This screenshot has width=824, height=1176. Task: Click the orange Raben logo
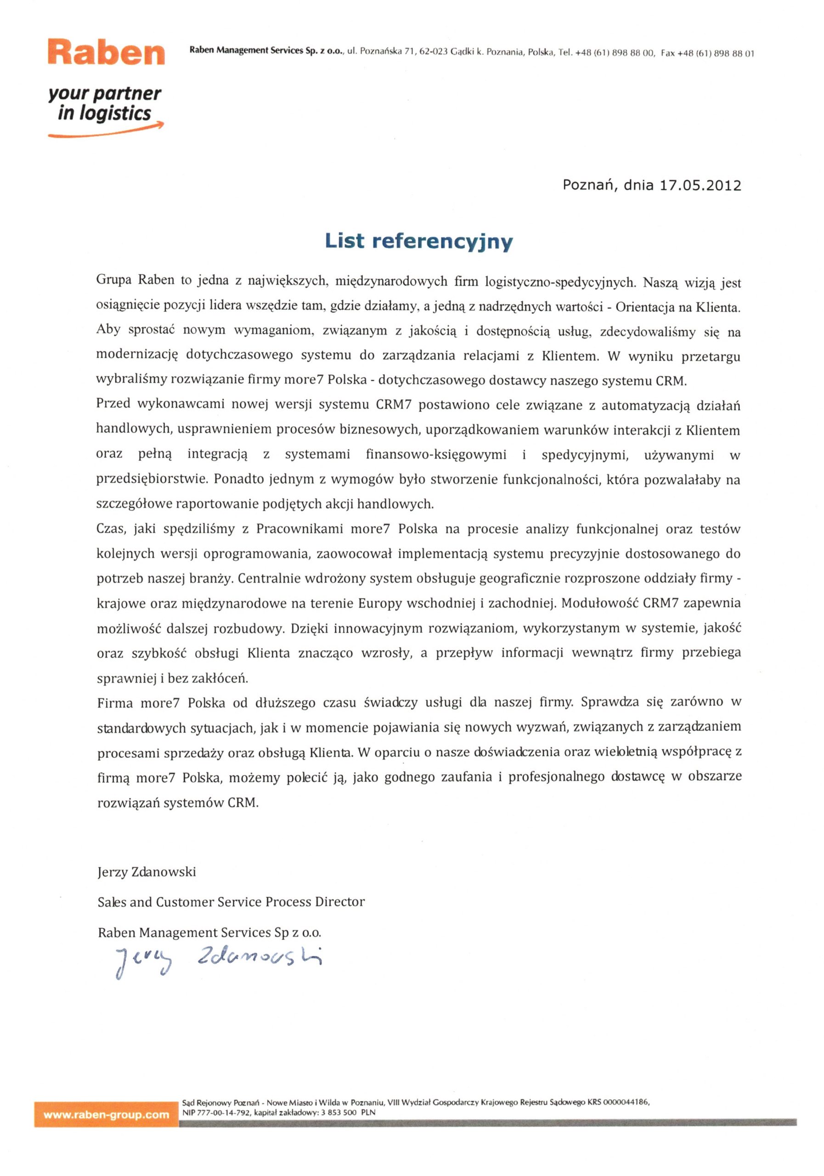(x=106, y=52)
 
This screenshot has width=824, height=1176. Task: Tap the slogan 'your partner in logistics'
(x=104, y=103)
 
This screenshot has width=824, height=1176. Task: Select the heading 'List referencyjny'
(x=418, y=241)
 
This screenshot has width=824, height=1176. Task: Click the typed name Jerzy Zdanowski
(x=147, y=872)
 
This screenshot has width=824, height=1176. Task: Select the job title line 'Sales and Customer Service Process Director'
(x=231, y=902)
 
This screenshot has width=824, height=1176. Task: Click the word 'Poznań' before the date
(x=587, y=185)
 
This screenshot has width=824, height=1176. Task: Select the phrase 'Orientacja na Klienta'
(x=677, y=307)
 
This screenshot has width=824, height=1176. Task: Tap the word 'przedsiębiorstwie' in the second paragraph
(x=151, y=480)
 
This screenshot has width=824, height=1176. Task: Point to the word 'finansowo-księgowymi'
(x=436, y=454)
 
